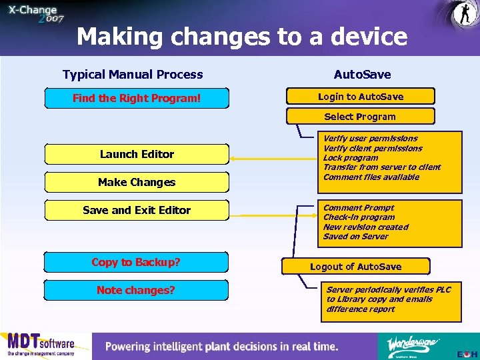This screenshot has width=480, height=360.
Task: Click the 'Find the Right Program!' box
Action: [136, 98]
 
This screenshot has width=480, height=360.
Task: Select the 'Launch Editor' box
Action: [137, 154]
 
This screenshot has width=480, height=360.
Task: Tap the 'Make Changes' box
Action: [137, 182]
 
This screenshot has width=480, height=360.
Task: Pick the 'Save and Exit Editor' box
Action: [137, 210]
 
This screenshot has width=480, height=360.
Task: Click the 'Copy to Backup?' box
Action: [136, 262]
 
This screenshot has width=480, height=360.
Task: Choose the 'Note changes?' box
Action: [136, 290]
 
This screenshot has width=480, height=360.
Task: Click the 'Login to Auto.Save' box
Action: [360, 97]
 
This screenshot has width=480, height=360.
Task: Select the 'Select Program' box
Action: [360, 117]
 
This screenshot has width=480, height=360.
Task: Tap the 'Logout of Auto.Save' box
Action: [356, 267]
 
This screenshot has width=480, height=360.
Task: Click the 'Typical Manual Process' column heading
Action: [133, 75]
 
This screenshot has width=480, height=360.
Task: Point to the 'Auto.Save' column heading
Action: [362, 75]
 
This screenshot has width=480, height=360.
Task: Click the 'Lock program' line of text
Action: [351, 158]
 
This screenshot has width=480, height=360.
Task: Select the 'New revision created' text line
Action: [365, 227]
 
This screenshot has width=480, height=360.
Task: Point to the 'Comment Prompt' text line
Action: [359, 208]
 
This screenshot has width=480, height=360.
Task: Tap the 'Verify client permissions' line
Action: [373, 148]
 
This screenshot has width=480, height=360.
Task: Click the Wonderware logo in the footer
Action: [413, 345]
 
